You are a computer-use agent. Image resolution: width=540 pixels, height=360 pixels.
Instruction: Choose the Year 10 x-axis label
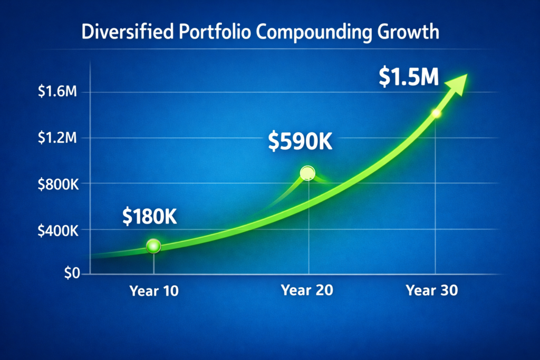(x=154, y=290)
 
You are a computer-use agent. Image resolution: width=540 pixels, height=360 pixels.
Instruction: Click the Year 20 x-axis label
(x=307, y=290)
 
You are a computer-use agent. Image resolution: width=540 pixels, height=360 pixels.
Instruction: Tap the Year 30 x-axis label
(x=432, y=290)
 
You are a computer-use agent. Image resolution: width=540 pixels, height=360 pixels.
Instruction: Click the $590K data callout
(x=300, y=141)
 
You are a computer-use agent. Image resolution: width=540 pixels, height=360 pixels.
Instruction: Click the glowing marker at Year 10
(x=153, y=246)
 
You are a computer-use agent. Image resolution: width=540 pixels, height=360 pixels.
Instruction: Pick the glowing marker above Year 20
(x=307, y=173)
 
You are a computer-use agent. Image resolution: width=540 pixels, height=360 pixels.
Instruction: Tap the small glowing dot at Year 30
(x=436, y=113)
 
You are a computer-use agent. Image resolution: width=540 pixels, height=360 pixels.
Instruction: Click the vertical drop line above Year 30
(x=436, y=200)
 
